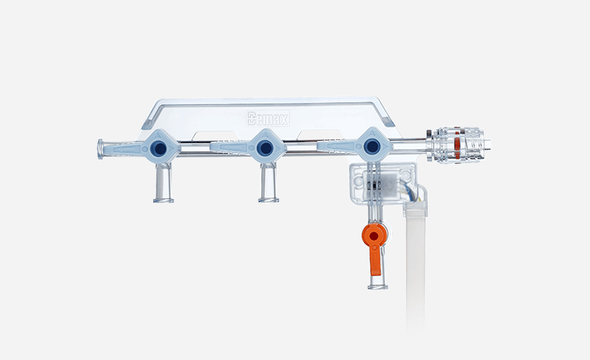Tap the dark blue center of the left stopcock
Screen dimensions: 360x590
159,147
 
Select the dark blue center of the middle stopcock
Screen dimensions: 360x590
264,147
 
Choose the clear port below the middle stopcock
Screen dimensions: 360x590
268,185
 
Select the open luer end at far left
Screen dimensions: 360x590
101,149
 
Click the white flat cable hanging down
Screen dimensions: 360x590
416,266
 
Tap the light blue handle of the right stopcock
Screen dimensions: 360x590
339,146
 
